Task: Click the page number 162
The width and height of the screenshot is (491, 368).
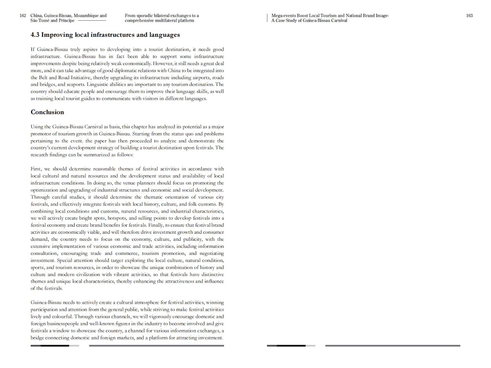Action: pyautogui.click(x=23, y=16)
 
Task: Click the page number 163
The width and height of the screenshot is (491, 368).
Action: pyautogui.click(x=469, y=16)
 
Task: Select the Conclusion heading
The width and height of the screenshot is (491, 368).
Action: pyautogui.click(x=47, y=112)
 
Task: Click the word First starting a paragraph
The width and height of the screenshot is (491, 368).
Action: pyautogui.click(x=36, y=169)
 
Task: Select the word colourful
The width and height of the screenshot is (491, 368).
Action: pyautogui.click(x=62, y=317)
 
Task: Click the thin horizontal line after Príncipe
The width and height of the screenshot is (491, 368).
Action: pyautogui.click(x=92, y=21)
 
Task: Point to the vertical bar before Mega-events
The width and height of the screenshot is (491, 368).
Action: pyautogui.click(x=268, y=18)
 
